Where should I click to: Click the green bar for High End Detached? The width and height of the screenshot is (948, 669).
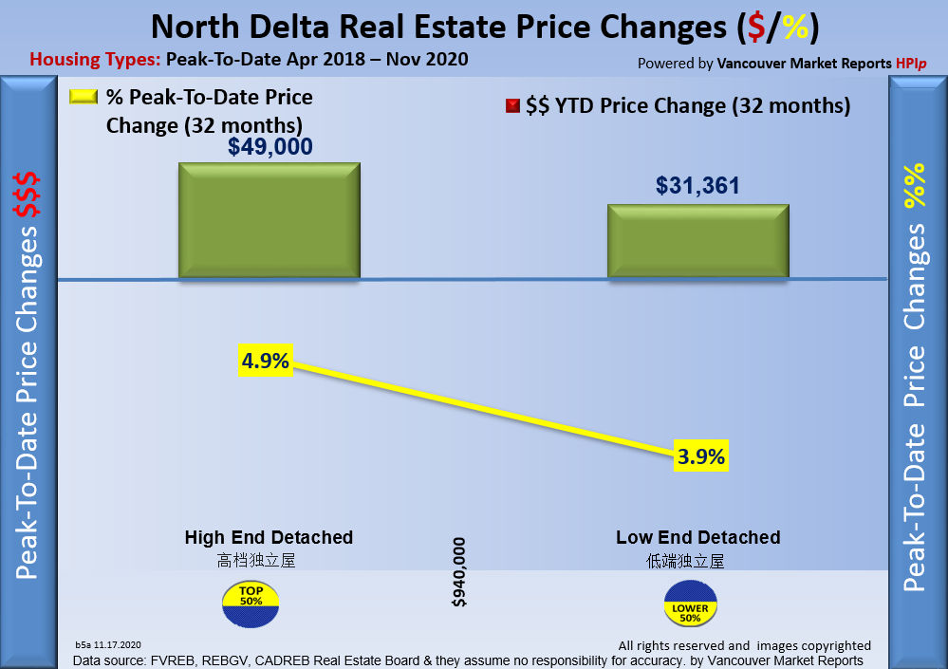click(x=270, y=220)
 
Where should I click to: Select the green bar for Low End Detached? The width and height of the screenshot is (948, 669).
click(x=697, y=240)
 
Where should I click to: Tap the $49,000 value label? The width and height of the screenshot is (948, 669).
click(x=270, y=146)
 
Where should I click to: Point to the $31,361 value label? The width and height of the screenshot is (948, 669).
click(x=697, y=187)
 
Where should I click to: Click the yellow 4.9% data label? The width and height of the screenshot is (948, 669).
click(x=266, y=362)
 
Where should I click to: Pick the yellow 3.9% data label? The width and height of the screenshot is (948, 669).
click(x=702, y=456)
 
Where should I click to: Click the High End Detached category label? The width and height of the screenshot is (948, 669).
click(x=269, y=538)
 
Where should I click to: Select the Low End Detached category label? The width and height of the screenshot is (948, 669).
click(x=697, y=538)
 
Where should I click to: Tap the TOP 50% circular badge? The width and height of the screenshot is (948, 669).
click(x=251, y=608)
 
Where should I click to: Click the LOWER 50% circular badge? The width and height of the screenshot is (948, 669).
click(x=692, y=608)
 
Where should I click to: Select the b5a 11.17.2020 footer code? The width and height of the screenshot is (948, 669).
click(x=111, y=643)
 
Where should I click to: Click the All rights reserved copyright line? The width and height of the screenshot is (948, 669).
click(x=744, y=645)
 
